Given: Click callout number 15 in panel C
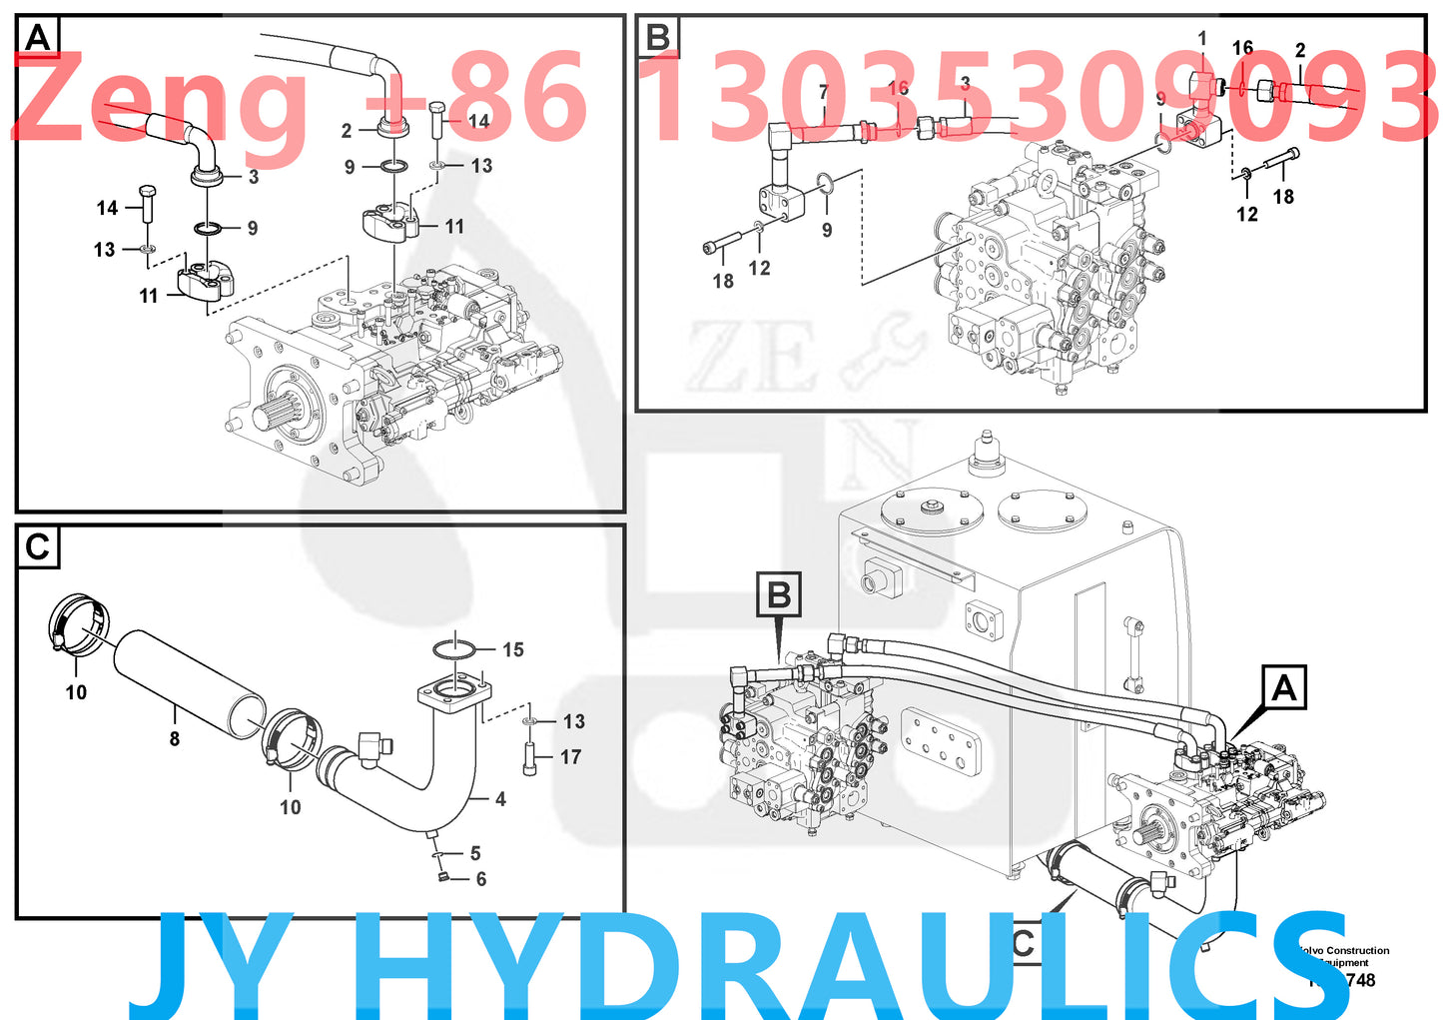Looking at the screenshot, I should [512, 650].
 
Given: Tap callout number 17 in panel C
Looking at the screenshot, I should [570, 757].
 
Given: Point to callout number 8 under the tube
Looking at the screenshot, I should [175, 739].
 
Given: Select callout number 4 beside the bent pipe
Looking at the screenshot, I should [500, 799].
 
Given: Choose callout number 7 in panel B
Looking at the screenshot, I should [824, 93].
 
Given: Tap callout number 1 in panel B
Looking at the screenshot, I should [1202, 38].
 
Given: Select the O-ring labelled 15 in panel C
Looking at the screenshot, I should [454, 649].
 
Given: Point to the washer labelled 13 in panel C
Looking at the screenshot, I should [530, 720].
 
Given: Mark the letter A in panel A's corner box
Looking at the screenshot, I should [38, 38].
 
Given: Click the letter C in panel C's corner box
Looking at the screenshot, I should [38, 547].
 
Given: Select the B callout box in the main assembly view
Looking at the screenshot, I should [779, 595].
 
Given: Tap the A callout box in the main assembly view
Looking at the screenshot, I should [1283, 688].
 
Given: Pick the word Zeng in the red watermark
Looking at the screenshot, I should [160, 100].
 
